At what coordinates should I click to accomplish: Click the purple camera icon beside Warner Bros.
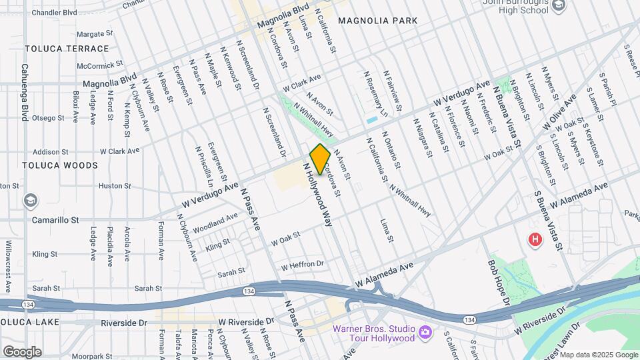pyautogui.click(x=425, y=331)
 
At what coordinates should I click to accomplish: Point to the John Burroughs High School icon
pyautogui.click(x=559, y=5)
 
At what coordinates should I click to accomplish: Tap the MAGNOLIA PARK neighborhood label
pyautogui.click(x=378, y=21)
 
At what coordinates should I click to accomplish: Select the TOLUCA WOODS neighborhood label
pyautogui.click(x=60, y=165)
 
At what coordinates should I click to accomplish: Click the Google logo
pyautogui.click(x=22, y=351)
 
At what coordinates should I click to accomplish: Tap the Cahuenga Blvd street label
pyautogui.click(x=25, y=92)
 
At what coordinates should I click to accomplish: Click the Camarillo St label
pyautogui.click(x=55, y=219)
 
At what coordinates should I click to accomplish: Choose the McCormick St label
pyautogui.click(x=100, y=65)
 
